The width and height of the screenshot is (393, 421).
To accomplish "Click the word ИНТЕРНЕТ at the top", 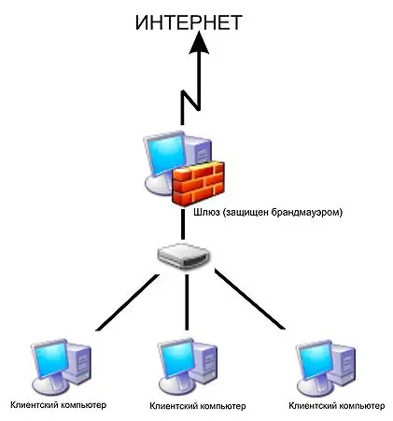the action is click(189, 22).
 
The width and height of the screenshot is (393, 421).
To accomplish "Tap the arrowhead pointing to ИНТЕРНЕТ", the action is click(199, 43).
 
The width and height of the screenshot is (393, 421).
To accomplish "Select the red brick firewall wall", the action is click(198, 183).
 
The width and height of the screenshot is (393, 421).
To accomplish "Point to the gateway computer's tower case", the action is click(199, 151).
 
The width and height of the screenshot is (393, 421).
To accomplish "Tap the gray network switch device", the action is click(184, 256).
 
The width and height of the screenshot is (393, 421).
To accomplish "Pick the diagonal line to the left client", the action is click(127, 302).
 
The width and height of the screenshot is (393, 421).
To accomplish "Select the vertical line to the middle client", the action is click(187, 302).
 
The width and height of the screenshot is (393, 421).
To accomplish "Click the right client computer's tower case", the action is click(343, 363).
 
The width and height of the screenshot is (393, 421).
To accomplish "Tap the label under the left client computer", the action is click(59, 405).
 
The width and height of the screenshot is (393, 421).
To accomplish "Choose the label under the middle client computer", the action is click(198, 406).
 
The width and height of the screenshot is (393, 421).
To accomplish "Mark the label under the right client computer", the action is click(337, 406).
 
